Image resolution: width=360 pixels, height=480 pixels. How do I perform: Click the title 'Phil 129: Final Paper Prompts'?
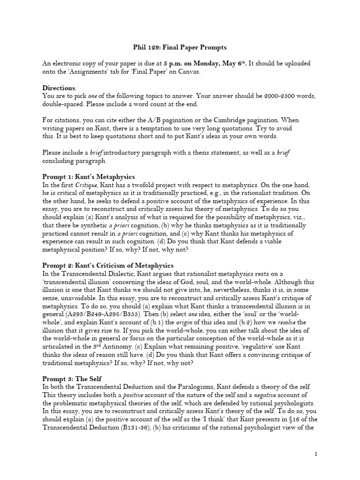pos(180,48)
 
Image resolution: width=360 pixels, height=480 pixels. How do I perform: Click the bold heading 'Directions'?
pos(59,88)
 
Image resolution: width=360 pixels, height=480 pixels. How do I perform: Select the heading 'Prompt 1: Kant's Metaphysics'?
pos(89,177)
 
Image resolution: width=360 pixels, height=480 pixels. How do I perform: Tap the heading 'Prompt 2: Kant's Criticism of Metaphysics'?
pos(108,266)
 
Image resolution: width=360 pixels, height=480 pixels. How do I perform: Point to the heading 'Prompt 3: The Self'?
pos(72,377)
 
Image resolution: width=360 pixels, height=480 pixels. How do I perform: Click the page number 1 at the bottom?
pos(316,454)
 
